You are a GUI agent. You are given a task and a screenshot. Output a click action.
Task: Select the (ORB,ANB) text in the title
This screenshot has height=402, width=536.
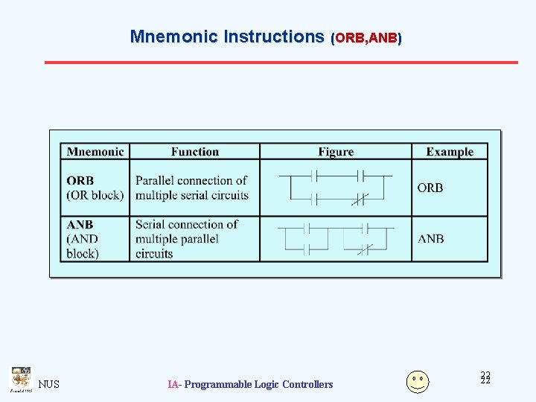(366, 37)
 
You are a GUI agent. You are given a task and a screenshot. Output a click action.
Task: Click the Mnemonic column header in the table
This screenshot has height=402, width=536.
(95, 152)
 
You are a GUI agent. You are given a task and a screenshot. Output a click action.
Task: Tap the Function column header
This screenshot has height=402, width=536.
(194, 152)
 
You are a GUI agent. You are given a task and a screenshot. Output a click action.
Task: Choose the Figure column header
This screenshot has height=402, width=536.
(336, 152)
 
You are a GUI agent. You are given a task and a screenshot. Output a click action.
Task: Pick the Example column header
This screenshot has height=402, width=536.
(450, 152)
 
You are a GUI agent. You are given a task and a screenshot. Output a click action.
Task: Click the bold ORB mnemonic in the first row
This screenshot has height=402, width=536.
(80, 181)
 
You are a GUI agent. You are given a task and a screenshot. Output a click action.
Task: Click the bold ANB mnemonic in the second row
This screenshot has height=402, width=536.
(80, 224)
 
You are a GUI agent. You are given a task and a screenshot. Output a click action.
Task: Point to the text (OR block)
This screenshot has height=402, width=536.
(95, 196)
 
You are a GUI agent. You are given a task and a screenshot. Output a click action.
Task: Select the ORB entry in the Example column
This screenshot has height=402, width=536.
(430, 188)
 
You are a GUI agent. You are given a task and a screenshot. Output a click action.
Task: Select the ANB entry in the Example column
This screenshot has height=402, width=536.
(430, 239)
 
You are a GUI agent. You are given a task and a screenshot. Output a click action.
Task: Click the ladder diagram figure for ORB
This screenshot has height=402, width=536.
(336, 188)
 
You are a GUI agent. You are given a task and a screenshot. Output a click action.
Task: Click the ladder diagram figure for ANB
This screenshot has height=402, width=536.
(336, 239)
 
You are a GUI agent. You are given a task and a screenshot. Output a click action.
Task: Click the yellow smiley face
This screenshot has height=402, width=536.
(418, 381)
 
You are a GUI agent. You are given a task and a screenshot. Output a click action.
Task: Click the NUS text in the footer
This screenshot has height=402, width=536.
(48, 384)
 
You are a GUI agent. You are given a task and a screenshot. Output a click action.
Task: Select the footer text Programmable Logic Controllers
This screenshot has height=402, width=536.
(258, 384)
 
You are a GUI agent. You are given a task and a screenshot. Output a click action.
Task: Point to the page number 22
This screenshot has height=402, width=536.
(485, 378)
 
